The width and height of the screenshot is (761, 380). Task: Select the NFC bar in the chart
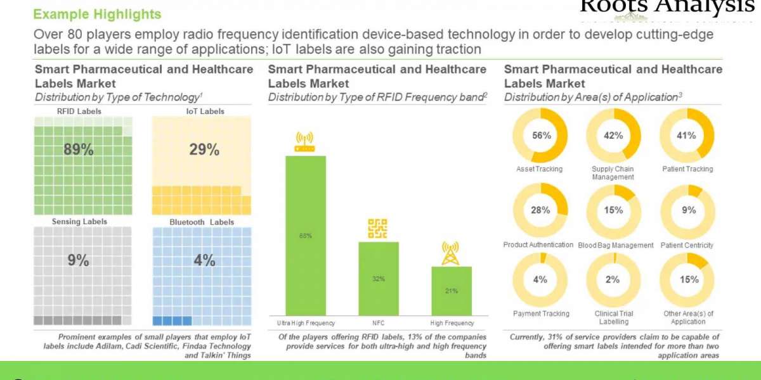[379, 278]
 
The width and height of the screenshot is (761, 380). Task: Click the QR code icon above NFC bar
[378, 229]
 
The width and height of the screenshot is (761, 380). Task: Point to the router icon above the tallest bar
[306, 142]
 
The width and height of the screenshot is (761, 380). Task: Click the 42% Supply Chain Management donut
[613, 136]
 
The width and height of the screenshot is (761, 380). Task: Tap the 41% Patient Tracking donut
[687, 136]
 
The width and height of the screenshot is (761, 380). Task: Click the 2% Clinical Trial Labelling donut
[613, 279]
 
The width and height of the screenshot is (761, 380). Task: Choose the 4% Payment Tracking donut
[540, 279]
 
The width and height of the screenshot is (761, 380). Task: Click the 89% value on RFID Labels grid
[79, 150]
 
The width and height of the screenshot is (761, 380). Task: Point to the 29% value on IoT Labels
[204, 150]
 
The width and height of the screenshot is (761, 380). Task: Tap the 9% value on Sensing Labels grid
[79, 260]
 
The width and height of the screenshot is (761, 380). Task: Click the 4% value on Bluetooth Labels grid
[204, 260]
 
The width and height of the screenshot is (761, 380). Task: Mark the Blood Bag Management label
[615, 246]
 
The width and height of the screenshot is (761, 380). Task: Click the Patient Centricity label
[687, 245]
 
